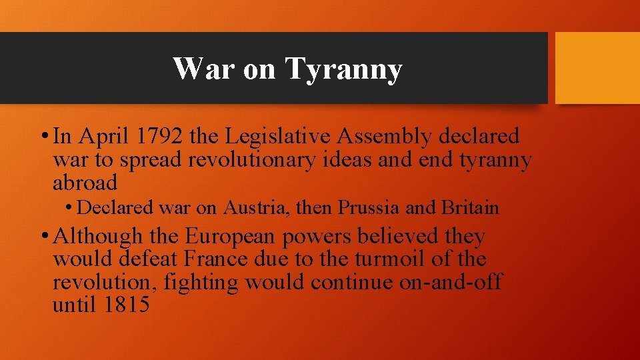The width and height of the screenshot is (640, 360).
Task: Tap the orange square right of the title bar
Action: [x=597, y=68]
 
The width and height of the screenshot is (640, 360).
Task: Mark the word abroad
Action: [x=85, y=183]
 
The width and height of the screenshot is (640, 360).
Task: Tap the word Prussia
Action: [x=369, y=208]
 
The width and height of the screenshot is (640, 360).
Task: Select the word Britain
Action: [x=470, y=208]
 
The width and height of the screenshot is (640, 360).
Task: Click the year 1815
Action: [x=127, y=305]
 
